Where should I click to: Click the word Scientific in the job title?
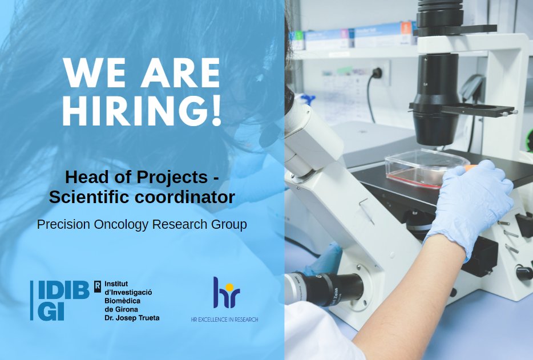coord(88,197)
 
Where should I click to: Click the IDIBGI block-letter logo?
coord(59,300)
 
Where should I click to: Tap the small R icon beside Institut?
coord(97,284)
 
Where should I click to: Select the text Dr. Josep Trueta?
coord(132,317)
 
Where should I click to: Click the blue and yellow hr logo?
coord(224,293)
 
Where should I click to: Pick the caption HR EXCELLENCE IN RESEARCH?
coord(224,319)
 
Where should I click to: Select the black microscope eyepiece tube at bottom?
coord(331,288)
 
